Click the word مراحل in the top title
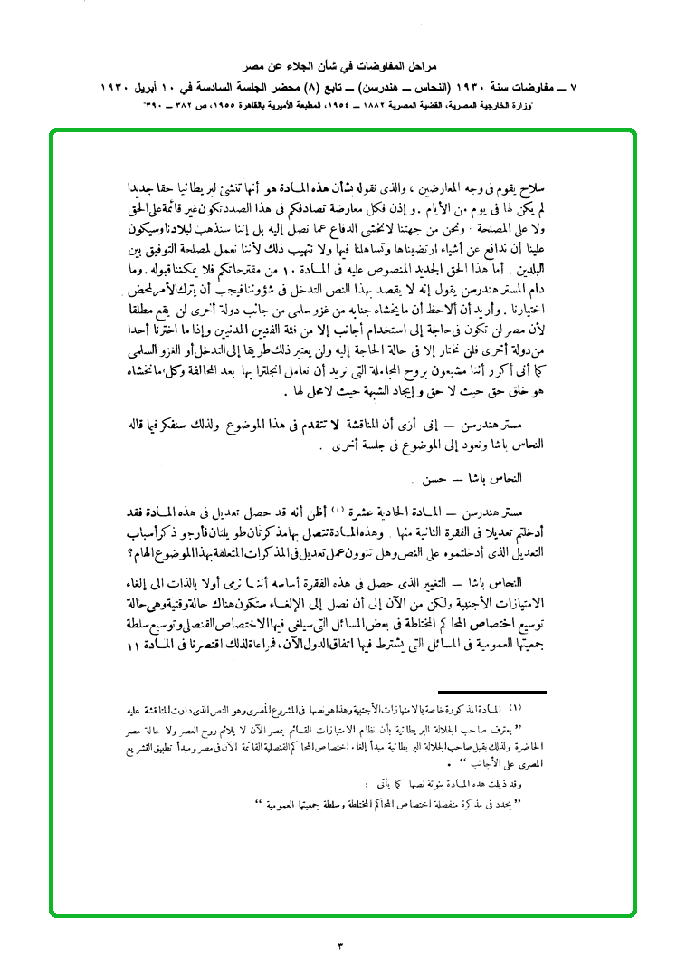(421, 67)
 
